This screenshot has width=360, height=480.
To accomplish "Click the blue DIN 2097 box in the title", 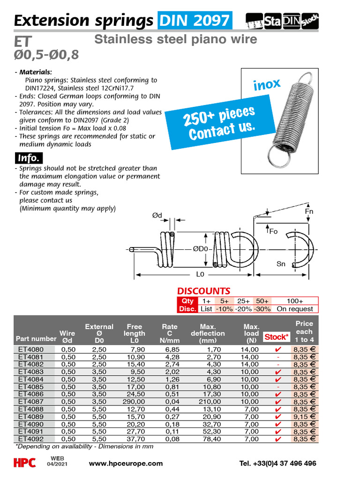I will tap(195, 21).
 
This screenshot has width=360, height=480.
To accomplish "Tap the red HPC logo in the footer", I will tap(24, 463).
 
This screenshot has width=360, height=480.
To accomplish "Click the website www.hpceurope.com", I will tap(126, 464).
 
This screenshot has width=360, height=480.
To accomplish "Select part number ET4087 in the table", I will tap(30, 402).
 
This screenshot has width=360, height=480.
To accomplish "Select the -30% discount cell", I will tap(262, 309).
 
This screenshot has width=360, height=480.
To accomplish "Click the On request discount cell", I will tap(295, 309).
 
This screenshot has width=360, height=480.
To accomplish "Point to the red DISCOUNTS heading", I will tap(203, 291).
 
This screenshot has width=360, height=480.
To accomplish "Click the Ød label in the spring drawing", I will tap(157, 215).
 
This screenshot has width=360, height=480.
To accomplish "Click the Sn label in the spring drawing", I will tap(281, 264).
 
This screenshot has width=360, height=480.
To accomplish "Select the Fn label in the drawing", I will tap(309, 211).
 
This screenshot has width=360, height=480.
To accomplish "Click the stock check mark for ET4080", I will tap(277, 349).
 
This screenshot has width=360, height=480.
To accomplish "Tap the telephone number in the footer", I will tap(277, 464).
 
